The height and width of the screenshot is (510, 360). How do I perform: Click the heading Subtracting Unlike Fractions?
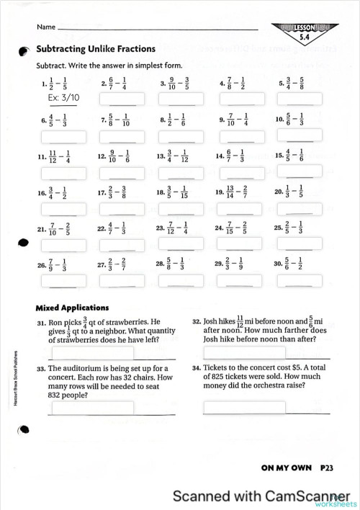[x=96, y=49]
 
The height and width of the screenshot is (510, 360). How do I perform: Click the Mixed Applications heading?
[x=72, y=307]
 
